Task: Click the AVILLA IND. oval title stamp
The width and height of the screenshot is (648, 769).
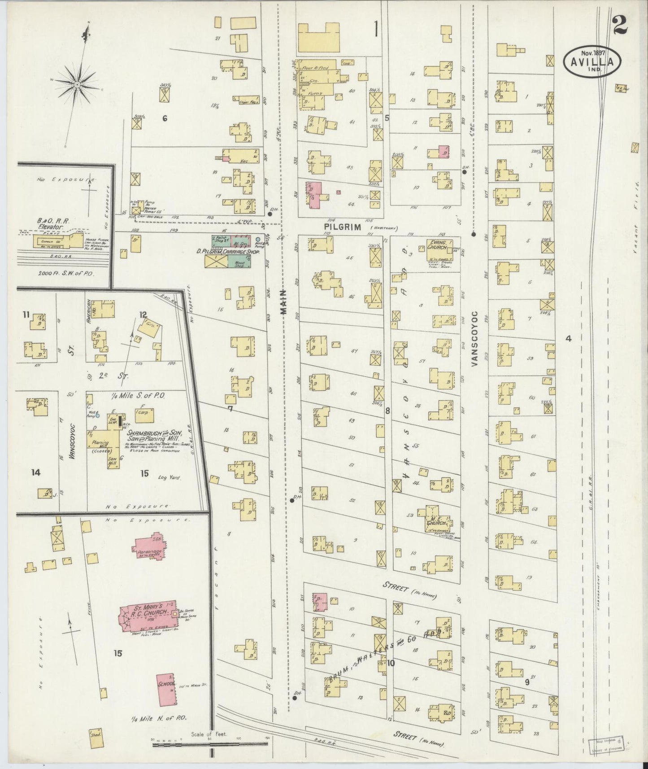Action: [x=592, y=59]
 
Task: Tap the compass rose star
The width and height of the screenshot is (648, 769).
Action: [x=78, y=84]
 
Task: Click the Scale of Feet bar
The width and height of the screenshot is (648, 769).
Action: [x=209, y=743]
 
